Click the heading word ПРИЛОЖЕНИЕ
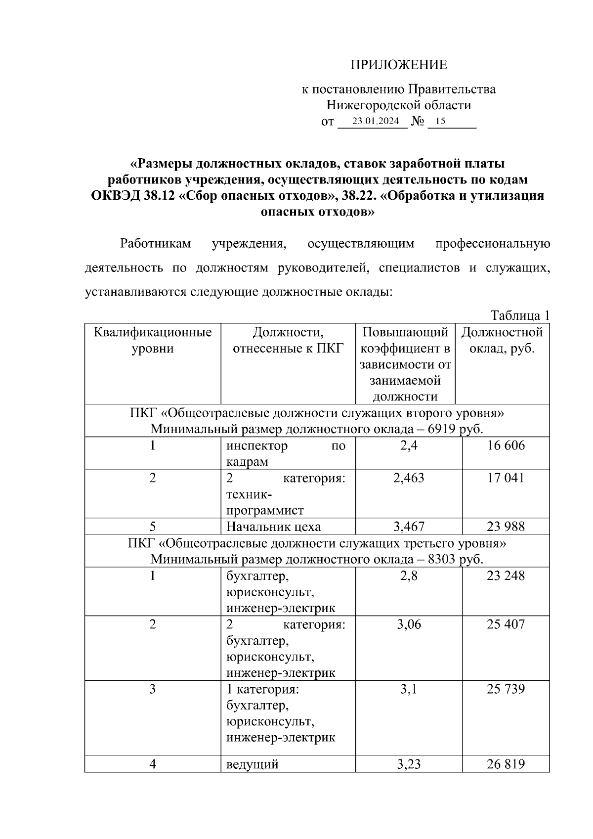click(x=398, y=65)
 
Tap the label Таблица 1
click(x=519, y=315)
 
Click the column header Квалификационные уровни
click(x=153, y=340)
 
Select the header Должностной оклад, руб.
click(x=502, y=340)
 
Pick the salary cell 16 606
click(x=506, y=446)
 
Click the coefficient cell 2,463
click(x=409, y=478)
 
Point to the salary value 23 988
click(x=506, y=527)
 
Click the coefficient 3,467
click(x=409, y=527)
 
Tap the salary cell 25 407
click(x=506, y=624)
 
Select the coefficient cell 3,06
click(x=409, y=624)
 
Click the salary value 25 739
click(x=506, y=689)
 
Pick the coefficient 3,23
click(x=409, y=764)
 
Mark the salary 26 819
click(x=506, y=764)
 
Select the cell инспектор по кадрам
click(x=286, y=453)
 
